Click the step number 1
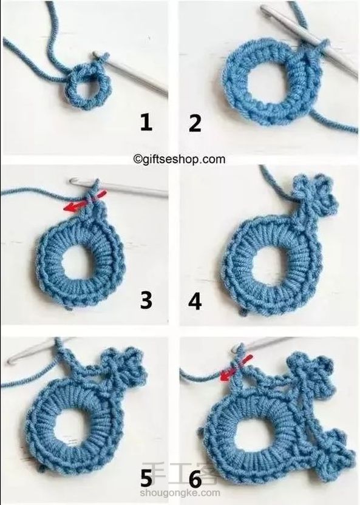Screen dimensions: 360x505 point(146,123)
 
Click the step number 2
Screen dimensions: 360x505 point(195,123)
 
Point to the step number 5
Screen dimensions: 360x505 point(146,478)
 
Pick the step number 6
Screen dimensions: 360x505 point(195,478)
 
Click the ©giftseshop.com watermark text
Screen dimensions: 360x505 point(179,159)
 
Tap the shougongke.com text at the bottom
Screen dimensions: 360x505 point(180,493)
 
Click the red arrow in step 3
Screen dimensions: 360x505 point(85,202)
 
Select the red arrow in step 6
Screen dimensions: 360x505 point(236,368)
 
